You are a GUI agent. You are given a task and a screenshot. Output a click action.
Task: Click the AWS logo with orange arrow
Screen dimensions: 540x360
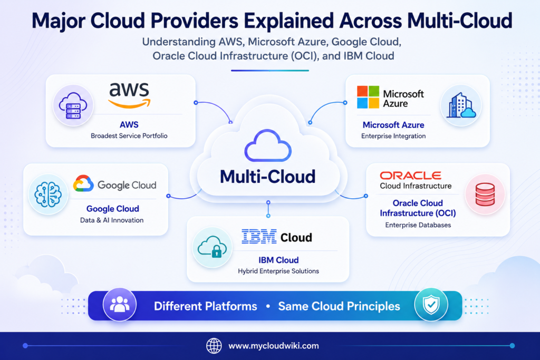click(x=129, y=96)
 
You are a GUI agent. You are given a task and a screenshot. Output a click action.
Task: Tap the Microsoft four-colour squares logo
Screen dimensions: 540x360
click(x=368, y=97)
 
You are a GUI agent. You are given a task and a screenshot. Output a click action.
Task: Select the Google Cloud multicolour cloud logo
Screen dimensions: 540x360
click(x=83, y=183)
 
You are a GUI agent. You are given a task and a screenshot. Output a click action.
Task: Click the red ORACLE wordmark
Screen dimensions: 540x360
click(x=410, y=176)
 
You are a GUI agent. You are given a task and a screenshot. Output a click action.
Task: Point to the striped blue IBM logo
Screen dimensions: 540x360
click(x=259, y=237)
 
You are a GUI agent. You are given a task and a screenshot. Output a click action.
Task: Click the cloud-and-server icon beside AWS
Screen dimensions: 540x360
click(x=73, y=105)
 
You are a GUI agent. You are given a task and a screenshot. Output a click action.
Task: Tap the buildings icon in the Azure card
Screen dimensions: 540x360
click(x=461, y=105)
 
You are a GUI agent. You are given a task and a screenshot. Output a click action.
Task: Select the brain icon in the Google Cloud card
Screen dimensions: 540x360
click(x=48, y=194)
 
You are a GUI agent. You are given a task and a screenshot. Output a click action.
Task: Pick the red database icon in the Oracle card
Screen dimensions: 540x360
click(x=485, y=194)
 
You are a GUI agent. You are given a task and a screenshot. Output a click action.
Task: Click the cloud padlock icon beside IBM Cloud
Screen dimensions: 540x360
click(x=212, y=247)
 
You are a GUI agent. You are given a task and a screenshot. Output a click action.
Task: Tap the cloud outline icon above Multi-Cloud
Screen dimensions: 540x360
click(x=268, y=145)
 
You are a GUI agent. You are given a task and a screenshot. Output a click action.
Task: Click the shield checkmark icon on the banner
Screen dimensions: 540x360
click(x=431, y=305)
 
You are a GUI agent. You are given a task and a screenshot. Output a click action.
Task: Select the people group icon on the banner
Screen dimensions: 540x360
click(x=120, y=305)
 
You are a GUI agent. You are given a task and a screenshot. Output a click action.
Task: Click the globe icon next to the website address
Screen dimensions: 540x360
click(x=214, y=346)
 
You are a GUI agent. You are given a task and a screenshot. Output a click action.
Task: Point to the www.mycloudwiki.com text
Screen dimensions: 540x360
click(x=274, y=346)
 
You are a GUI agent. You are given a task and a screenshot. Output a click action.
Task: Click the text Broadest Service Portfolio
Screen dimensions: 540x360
click(x=129, y=136)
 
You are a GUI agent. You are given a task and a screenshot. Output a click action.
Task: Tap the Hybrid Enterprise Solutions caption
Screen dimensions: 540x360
click(x=278, y=271)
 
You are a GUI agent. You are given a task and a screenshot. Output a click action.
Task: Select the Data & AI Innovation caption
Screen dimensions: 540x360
click(x=112, y=220)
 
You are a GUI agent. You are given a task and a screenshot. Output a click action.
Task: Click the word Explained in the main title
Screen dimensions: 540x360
click(x=288, y=21)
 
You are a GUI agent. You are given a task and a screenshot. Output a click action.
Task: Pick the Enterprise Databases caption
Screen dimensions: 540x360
click(x=418, y=225)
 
